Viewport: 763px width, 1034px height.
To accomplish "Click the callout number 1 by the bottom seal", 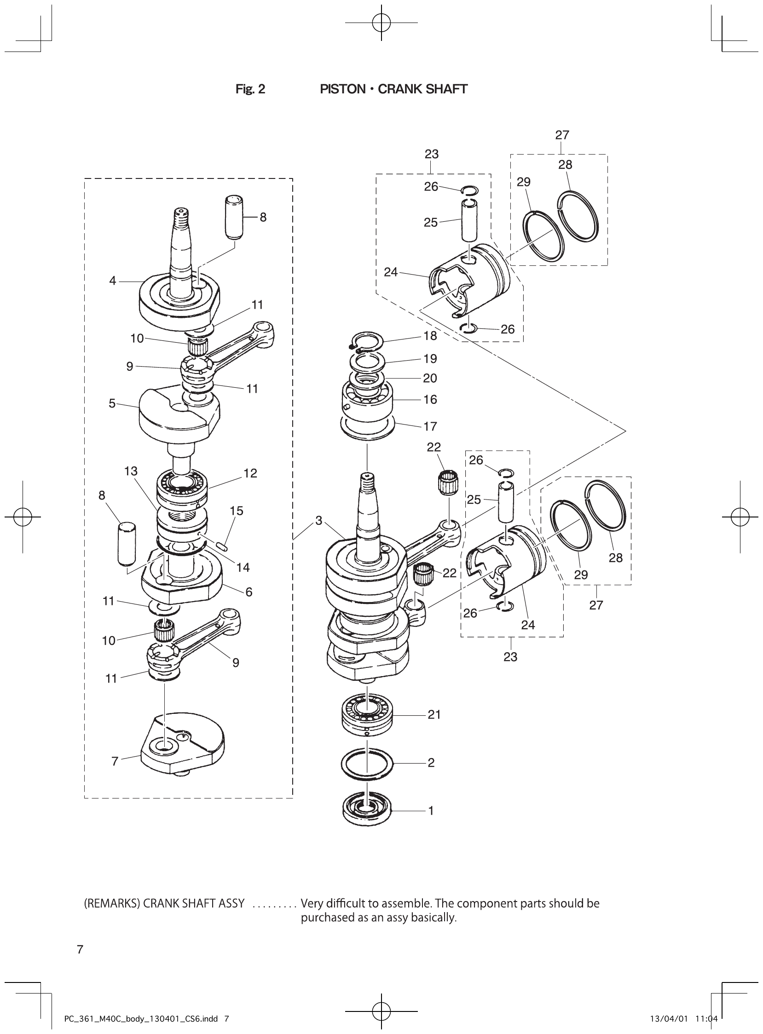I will tap(431, 810).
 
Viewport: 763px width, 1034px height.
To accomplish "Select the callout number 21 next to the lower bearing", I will tap(434, 715).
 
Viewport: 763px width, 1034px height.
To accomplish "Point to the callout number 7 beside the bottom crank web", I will tap(115, 761).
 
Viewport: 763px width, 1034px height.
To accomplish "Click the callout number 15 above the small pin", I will tap(237, 511).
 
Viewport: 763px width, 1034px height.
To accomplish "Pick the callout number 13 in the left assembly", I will tap(131, 471).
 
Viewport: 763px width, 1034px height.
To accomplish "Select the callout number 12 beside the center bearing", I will tap(250, 473).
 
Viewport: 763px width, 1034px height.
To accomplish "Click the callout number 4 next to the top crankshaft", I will tap(113, 281).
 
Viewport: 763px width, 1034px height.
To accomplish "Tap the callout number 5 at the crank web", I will tap(112, 403).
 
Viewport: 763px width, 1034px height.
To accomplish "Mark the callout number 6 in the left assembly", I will tap(249, 592).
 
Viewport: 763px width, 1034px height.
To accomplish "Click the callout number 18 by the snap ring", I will tap(430, 336).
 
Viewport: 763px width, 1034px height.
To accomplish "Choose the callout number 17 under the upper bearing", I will tap(430, 426).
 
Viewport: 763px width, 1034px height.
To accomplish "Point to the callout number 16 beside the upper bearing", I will tap(430, 400).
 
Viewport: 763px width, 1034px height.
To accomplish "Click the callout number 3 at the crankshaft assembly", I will tap(319, 521).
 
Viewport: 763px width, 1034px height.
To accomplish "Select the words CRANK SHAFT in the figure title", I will tap(422, 89).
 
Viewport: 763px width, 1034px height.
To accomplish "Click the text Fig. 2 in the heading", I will tap(250, 89).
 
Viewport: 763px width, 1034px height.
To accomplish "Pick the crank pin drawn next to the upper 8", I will tap(234, 218).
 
